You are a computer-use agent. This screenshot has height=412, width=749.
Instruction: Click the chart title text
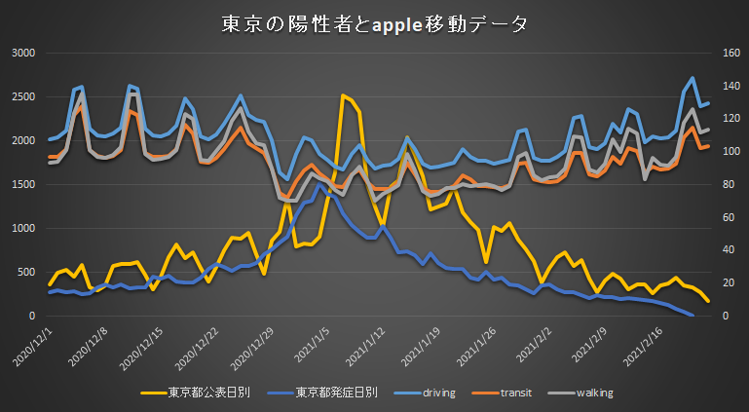[x=375, y=23]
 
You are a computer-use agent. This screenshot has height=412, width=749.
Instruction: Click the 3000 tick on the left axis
[x=22, y=53]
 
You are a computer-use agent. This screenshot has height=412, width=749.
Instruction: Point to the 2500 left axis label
[x=22, y=96]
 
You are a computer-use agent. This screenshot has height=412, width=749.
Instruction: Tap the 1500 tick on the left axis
[x=22, y=185]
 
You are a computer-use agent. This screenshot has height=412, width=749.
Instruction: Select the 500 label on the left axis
[x=26, y=273]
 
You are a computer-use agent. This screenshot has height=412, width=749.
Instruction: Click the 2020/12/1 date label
[x=34, y=345]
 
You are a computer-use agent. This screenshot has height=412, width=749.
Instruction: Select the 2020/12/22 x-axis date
[x=199, y=347]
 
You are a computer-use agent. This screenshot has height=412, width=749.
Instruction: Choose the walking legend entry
[x=592, y=393]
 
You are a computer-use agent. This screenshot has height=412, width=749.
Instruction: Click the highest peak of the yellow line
[x=343, y=95]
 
